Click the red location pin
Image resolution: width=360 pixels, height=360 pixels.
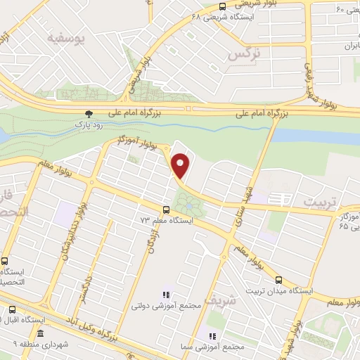tap(181, 165)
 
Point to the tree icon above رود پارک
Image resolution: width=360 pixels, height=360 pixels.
tap(88, 113)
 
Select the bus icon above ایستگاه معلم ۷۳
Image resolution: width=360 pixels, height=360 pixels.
tap(166, 210)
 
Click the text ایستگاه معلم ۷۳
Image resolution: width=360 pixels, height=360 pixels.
tap(166, 220)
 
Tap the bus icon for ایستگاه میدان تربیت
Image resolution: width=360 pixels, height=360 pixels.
tap(278, 280)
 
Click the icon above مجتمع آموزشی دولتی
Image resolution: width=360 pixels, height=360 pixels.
tap(167, 295)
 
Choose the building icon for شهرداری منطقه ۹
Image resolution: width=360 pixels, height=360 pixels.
tap(41, 333)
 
